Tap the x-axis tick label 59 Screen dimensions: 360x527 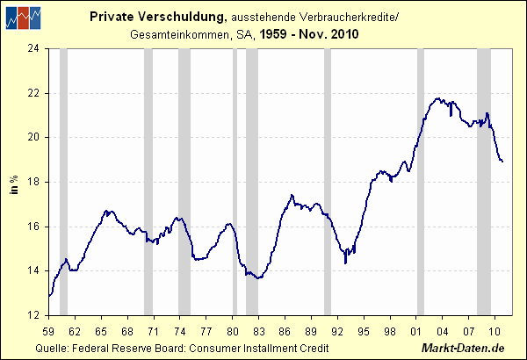coord(48,331)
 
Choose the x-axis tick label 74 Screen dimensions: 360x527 coord(181,331)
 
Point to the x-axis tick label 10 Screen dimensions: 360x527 coord(495,331)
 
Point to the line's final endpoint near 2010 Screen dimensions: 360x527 coord(502,162)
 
